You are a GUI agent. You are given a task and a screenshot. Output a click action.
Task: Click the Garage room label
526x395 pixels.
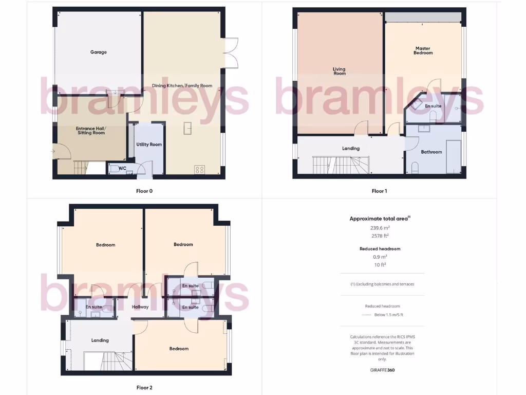[99, 52]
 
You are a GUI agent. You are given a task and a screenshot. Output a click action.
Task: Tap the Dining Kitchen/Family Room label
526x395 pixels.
[182, 86]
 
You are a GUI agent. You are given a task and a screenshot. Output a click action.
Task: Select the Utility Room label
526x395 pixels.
[149, 145]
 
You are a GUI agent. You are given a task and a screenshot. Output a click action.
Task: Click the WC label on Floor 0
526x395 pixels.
[122, 168]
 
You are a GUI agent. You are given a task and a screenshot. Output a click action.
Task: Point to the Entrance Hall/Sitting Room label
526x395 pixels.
[90, 131]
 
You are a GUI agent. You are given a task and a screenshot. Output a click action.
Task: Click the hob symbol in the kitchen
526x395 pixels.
[199, 170]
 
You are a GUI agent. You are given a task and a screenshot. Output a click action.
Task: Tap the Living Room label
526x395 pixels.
[339, 71]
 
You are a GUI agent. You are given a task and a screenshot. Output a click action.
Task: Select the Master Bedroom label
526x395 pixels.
[424, 50]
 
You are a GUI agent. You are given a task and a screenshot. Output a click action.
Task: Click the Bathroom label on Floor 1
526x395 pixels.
[431, 152]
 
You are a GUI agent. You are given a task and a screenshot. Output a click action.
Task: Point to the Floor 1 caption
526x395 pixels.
[379, 191]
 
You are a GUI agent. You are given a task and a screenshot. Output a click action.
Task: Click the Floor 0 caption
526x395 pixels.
[144, 191]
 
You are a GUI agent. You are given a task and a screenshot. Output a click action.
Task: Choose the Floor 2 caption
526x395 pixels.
[144, 388]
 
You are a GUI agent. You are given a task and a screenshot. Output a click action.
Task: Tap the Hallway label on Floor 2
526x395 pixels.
[140, 307]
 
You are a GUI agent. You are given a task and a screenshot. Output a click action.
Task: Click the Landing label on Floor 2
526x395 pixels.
[100, 340]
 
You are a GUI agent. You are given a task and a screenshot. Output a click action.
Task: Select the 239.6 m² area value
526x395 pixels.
[380, 228]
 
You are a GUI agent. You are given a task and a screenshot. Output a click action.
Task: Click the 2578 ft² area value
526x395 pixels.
[380, 236]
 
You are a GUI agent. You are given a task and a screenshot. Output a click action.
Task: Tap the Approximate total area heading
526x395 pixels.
[380, 219]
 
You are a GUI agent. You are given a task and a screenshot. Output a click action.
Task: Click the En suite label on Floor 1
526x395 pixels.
[433, 106]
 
